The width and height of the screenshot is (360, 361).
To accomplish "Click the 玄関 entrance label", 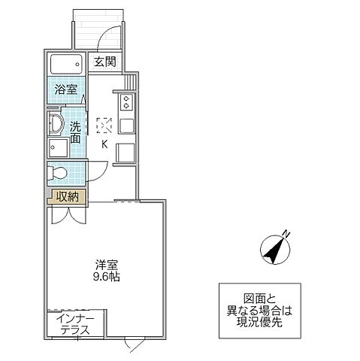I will coord(104,62).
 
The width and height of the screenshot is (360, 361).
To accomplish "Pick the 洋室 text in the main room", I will coord(106,264).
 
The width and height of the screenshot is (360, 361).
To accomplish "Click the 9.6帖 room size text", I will coord(106,276).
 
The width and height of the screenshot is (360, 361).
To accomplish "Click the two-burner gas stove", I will coord(126,100).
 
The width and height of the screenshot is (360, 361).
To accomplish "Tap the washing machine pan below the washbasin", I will coord(56,146).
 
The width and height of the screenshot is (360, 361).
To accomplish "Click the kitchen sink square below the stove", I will coord(126,124).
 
